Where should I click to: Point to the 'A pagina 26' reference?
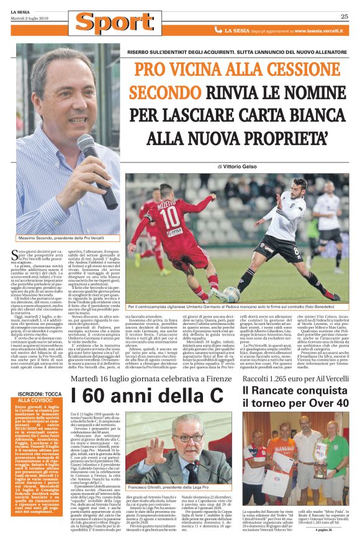328,530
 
